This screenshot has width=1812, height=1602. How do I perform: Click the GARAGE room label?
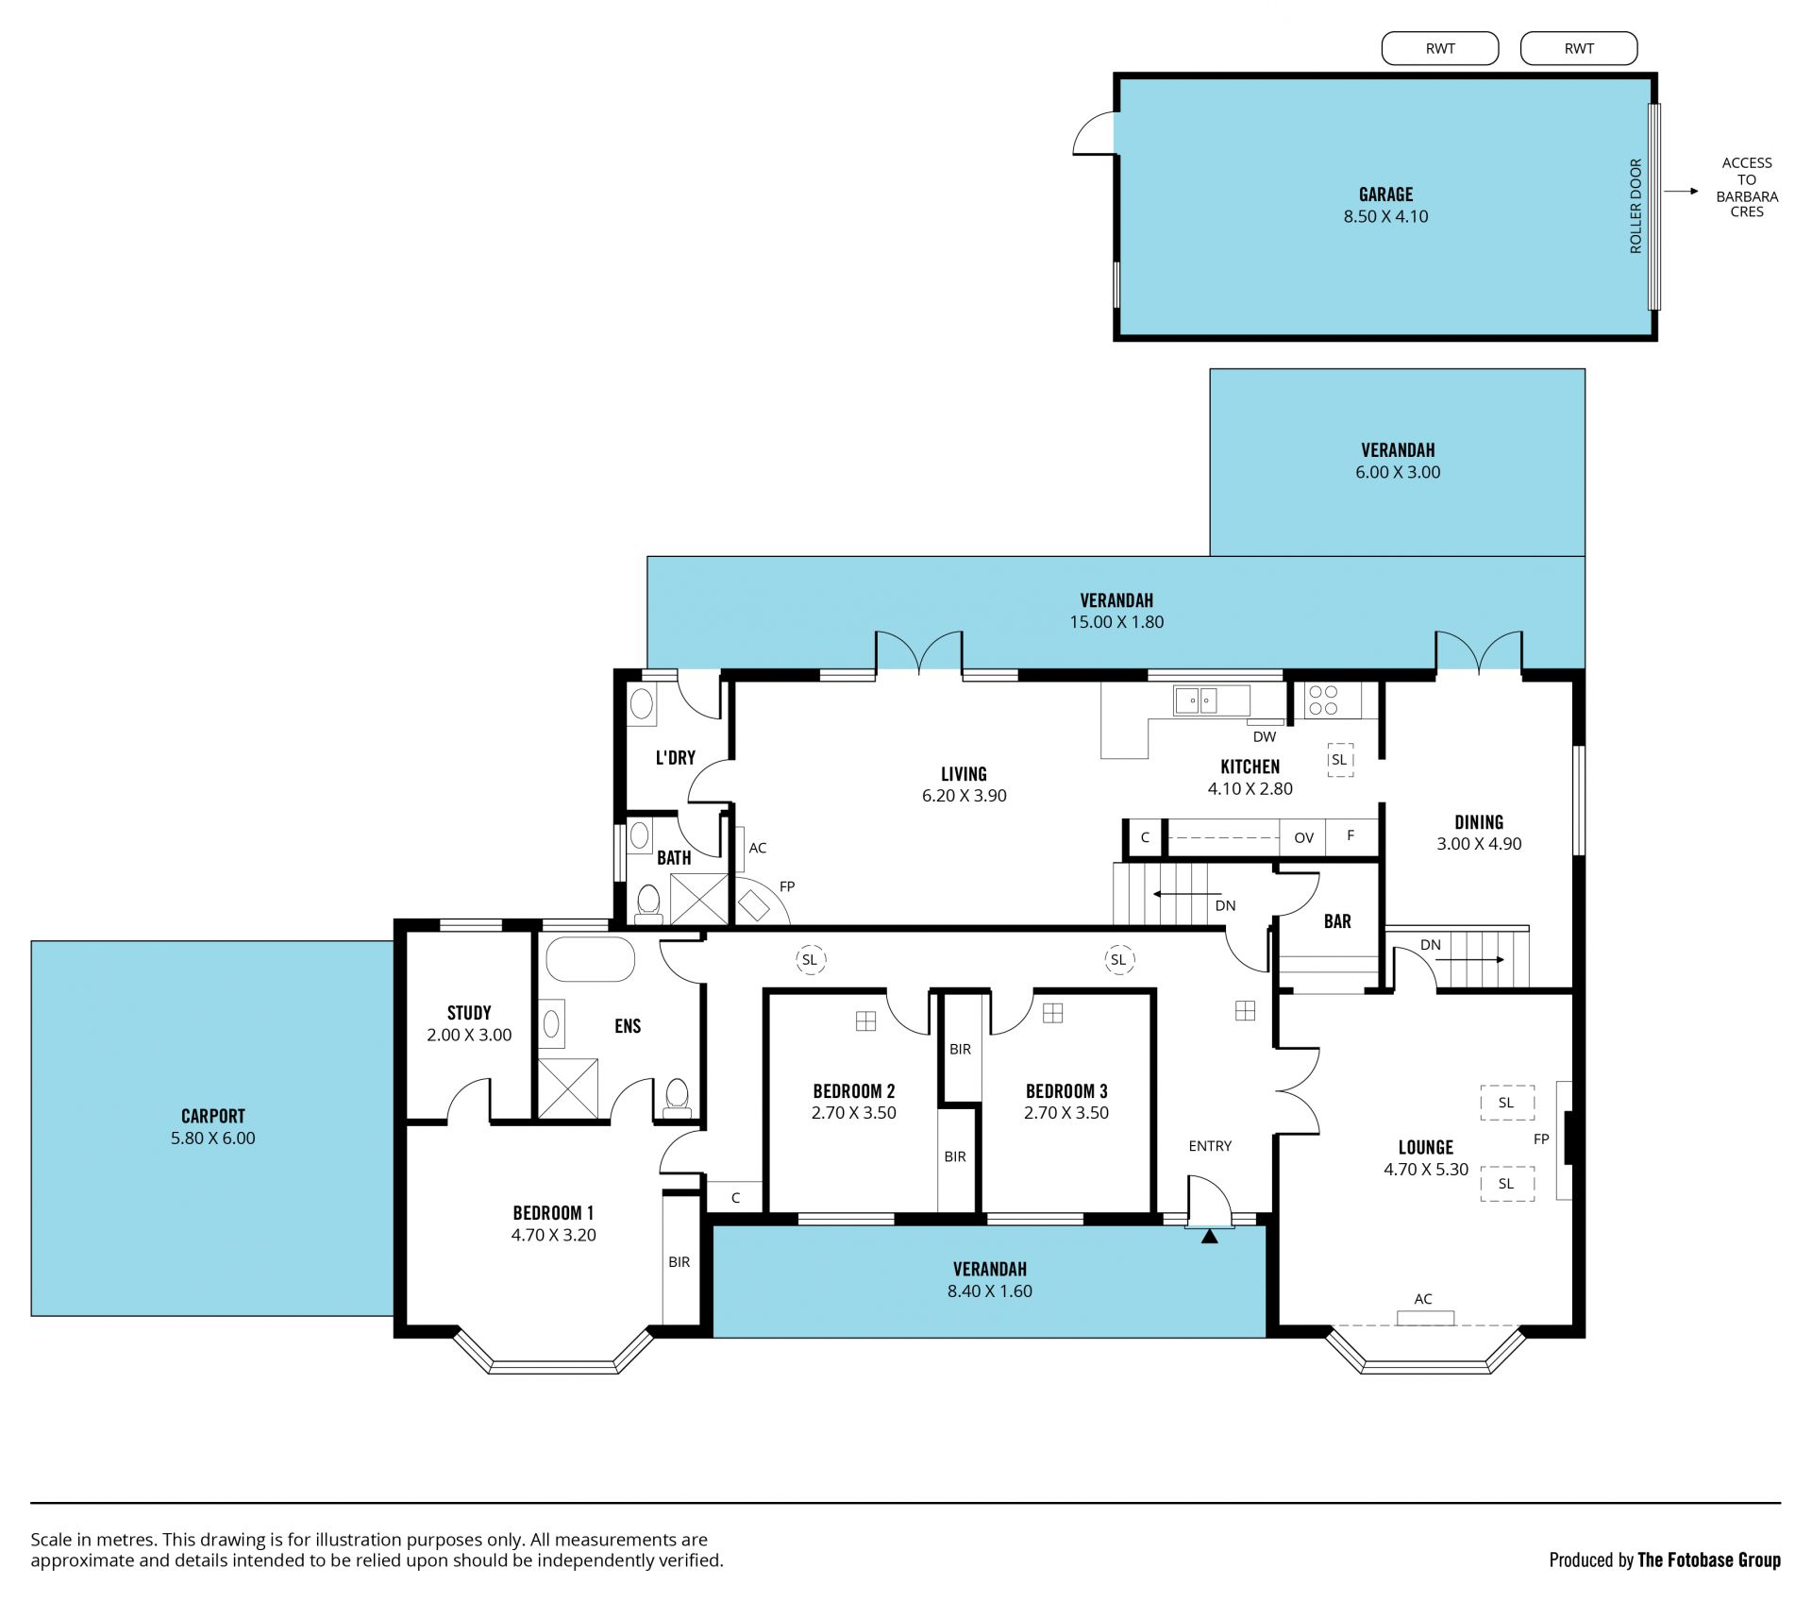point(1385,194)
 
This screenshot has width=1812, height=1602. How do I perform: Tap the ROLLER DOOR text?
point(1636,206)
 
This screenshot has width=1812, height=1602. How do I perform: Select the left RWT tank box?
point(1440,48)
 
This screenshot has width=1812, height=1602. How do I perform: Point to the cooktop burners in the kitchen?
point(1323,700)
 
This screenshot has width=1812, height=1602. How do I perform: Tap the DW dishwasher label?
point(1265,737)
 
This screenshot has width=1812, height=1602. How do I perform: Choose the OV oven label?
point(1303,837)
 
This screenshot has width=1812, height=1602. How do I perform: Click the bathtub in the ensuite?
point(591,959)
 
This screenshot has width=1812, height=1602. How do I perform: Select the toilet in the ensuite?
point(677,1098)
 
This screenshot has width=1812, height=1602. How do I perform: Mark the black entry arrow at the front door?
point(1209,1236)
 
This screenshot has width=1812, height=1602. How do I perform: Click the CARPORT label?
point(213,1116)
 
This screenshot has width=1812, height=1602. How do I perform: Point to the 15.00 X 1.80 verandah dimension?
point(1116,622)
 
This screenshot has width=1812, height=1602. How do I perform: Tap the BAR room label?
point(1337,921)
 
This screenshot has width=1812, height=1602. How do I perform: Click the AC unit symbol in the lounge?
point(1425,1318)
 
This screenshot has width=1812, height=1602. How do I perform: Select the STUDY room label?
point(469,1013)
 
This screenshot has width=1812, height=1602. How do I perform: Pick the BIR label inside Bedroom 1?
point(679,1262)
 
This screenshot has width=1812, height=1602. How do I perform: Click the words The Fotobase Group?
point(1709,1560)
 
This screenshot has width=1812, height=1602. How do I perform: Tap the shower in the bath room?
point(699,899)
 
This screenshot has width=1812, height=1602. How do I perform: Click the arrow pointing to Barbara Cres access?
point(1681,192)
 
